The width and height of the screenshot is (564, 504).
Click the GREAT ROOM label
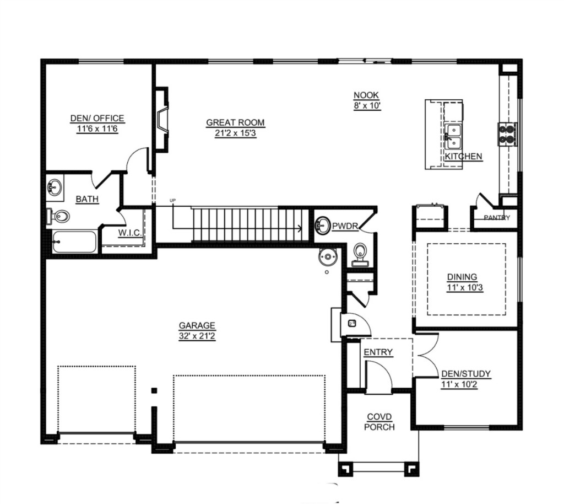(235, 123)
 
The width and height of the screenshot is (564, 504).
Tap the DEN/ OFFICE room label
(97, 118)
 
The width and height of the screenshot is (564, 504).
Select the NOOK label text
(366, 95)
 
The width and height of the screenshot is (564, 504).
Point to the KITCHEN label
(463, 156)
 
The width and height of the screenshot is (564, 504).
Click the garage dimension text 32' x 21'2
(197, 336)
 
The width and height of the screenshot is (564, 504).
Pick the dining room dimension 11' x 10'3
(465, 288)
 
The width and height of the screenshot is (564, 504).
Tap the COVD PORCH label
(379, 422)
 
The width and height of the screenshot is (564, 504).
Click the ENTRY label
(378, 352)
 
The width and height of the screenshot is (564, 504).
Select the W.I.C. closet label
(130, 233)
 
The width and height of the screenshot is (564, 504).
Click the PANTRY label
(497, 217)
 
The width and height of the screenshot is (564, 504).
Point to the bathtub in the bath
(74, 242)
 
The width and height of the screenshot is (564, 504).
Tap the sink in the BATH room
(55, 187)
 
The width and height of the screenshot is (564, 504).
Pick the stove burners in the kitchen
(507, 135)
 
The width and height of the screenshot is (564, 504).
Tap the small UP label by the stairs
(172, 201)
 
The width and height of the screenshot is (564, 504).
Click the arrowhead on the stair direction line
(300, 228)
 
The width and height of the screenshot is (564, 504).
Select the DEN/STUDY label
(466, 374)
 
